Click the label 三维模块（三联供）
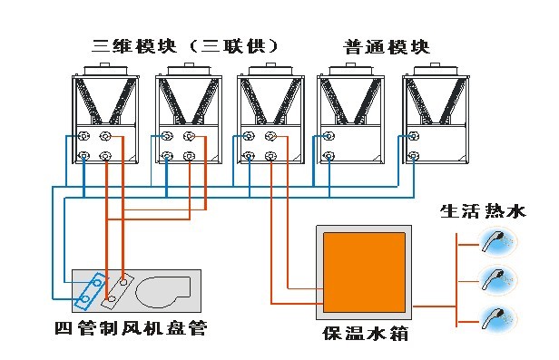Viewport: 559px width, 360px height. (x=185, y=46)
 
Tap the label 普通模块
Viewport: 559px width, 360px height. (x=387, y=47)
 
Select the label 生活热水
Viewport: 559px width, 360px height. (x=483, y=211)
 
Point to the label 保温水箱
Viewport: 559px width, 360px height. (x=365, y=334)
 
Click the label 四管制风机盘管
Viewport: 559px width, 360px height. (x=131, y=328)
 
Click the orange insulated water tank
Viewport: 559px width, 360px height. (x=364, y=272)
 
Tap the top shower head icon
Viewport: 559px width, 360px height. (x=497, y=242)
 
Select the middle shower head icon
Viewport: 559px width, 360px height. (x=497, y=279)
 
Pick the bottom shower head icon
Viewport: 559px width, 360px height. (x=497, y=318)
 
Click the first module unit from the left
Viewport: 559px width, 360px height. (x=105, y=113)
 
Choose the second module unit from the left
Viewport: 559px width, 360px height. (x=188, y=113)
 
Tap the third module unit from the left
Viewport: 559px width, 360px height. (x=270, y=113)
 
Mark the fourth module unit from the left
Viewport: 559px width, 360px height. (x=351, y=113)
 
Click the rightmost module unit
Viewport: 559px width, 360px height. (x=436, y=113)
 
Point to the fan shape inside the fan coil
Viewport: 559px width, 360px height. (x=163, y=292)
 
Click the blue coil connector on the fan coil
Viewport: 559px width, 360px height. (x=91, y=290)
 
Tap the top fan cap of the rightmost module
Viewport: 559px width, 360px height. (x=436, y=69)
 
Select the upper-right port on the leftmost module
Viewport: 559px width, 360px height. (x=105, y=136)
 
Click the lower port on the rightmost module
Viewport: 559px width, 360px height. (x=414, y=156)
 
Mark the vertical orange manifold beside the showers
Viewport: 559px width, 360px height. (x=456, y=280)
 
